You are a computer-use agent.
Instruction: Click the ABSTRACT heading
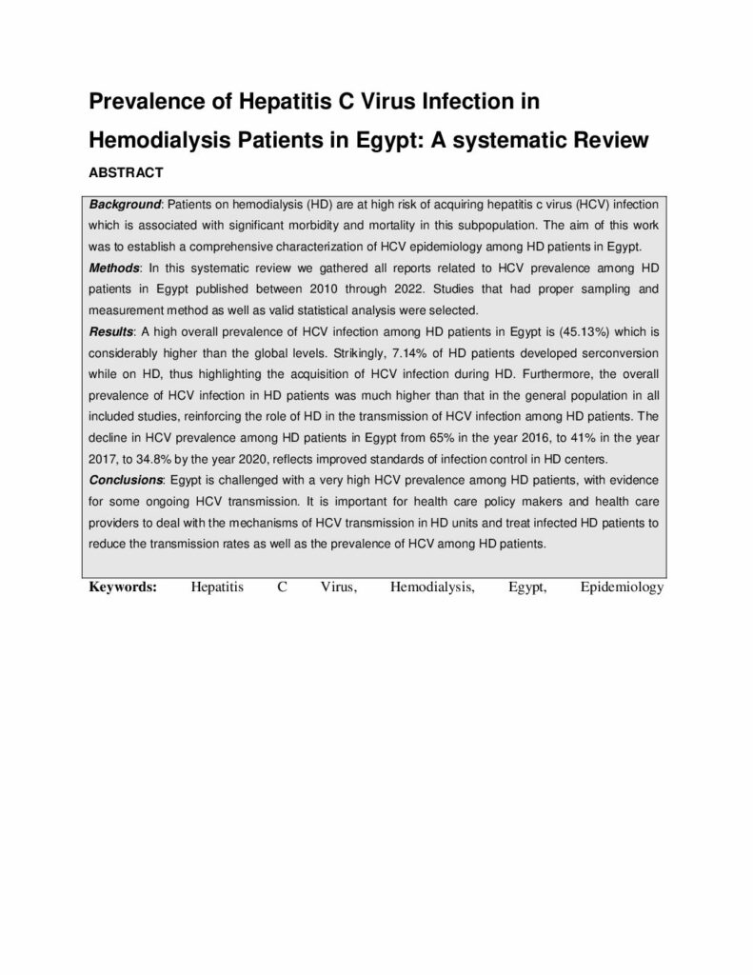[127, 173]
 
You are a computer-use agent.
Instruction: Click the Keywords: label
[123, 587]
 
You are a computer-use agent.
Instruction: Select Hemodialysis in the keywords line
[432, 587]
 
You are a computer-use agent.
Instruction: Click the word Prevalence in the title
[146, 103]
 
